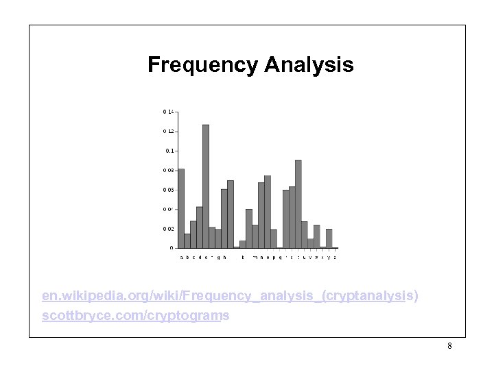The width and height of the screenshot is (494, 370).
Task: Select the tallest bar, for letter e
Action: (x=206, y=186)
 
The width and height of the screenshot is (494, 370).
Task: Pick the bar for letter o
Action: (x=268, y=212)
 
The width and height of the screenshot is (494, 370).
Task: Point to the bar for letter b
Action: (x=187, y=241)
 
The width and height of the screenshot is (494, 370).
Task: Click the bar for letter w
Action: (x=317, y=236)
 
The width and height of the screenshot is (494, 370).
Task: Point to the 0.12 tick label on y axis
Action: (x=169, y=131)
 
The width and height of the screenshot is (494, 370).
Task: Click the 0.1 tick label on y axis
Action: (x=170, y=150)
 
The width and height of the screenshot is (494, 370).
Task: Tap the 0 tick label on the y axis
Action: (x=172, y=248)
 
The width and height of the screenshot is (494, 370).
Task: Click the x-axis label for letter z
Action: (x=335, y=258)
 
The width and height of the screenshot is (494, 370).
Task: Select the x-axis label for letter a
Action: (x=181, y=258)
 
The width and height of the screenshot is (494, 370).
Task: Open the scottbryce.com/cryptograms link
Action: (x=135, y=317)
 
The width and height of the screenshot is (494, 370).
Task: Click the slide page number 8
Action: (x=449, y=346)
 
